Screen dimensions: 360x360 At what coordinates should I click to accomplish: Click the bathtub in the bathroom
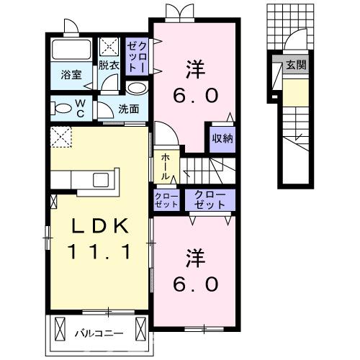pyautogui.click(x=71, y=51)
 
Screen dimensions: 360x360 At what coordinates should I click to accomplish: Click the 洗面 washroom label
pyautogui.click(x=129, y=109)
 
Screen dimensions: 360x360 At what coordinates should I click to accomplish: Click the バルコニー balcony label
pyautogui.click(x=99, y=333)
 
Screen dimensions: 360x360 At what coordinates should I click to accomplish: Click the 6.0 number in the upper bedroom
pyautogui.click(x=194, y=96)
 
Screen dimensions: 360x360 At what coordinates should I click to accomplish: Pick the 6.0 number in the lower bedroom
pyautogui.click(x=194, y=284)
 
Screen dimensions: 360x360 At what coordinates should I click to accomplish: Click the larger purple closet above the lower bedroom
pyautogui.click(x=210, y=199)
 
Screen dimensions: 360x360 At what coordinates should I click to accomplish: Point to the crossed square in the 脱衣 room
pyautogui.click(x=111, y=46)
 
